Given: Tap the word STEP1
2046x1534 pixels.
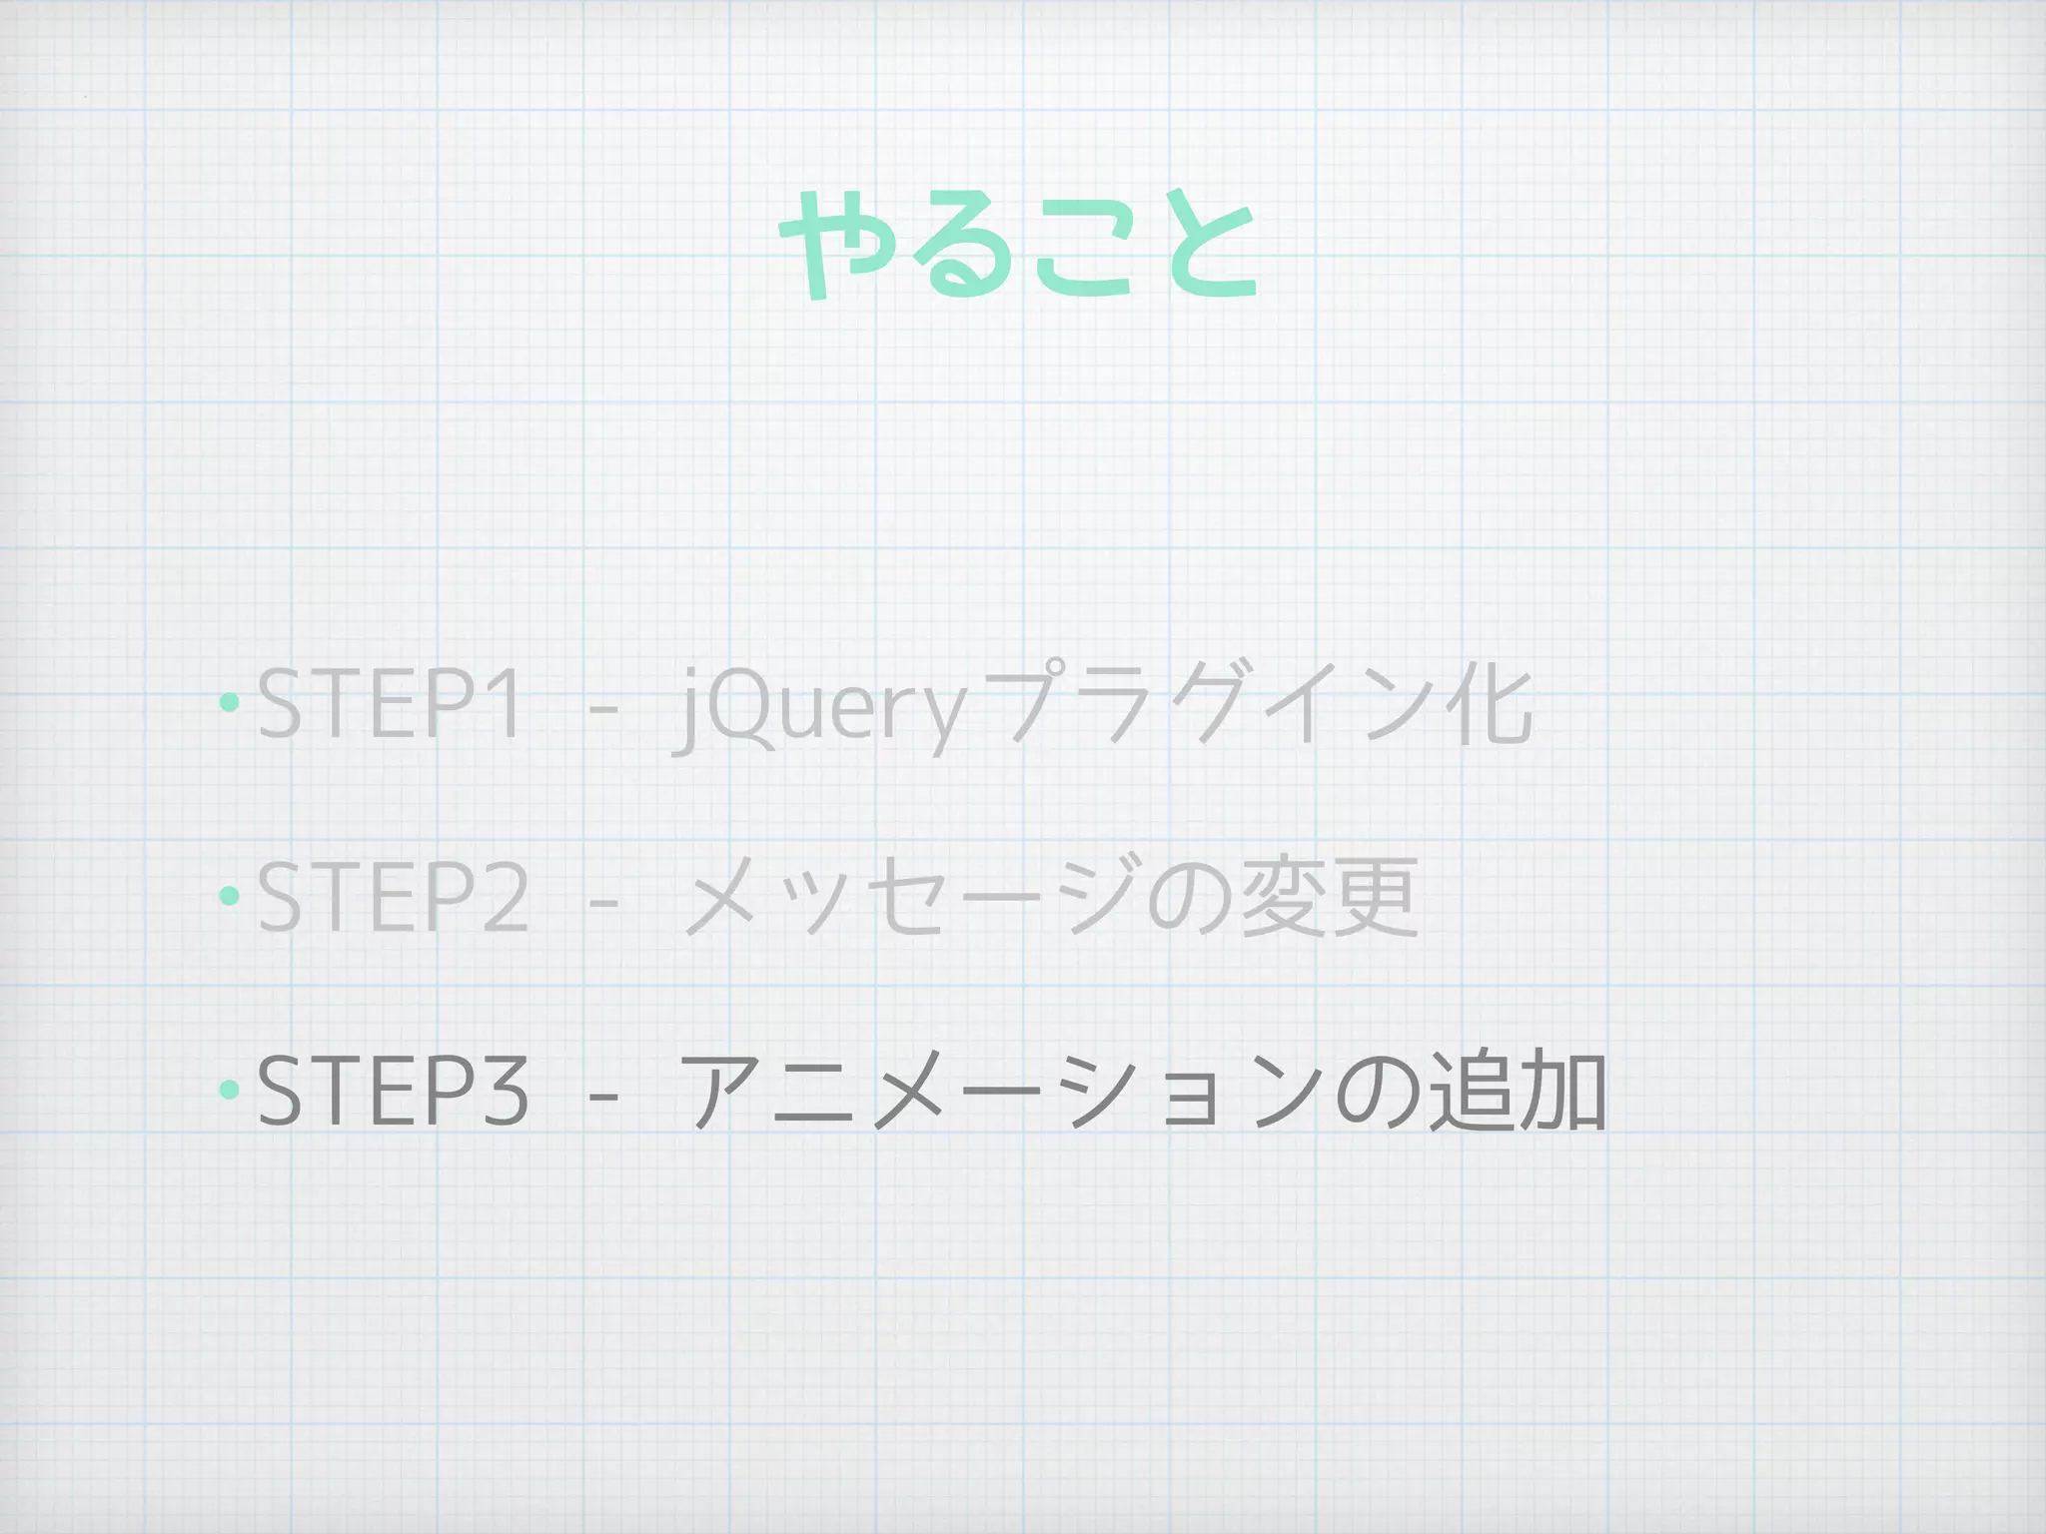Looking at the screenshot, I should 391,705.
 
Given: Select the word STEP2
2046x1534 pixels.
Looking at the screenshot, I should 393,898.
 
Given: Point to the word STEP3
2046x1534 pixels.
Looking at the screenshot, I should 393,1091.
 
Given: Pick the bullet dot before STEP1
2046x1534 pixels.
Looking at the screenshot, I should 229,703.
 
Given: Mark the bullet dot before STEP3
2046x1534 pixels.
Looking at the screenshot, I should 229,1089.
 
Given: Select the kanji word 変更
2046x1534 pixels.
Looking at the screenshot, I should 1328,898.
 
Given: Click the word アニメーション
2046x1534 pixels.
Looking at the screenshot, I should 999,1091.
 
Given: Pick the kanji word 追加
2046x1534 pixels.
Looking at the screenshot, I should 1516,1091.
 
